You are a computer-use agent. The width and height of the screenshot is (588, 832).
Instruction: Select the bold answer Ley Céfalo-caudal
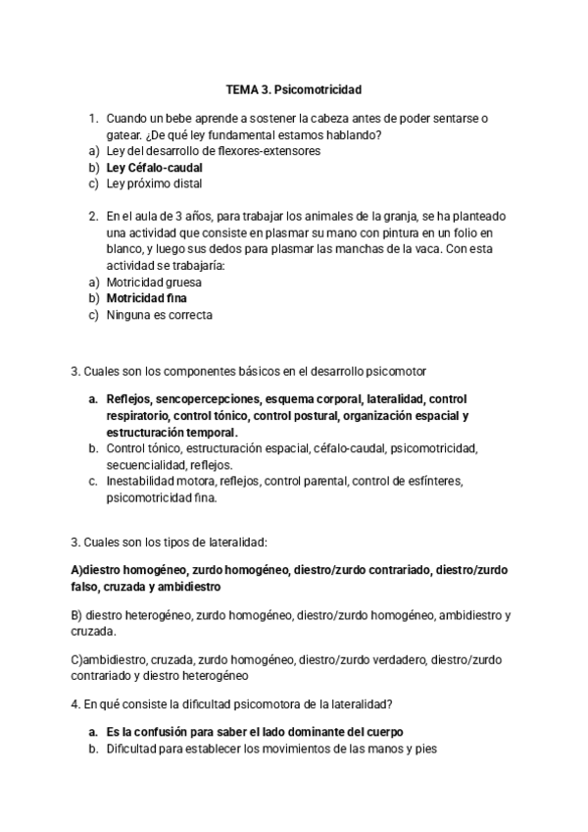[148, 168]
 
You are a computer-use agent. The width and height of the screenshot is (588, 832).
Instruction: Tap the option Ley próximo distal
[154, 183]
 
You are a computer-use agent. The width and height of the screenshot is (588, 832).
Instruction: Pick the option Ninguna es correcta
[160, 315]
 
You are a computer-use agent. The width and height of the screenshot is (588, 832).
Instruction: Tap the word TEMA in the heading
[241, 89]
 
